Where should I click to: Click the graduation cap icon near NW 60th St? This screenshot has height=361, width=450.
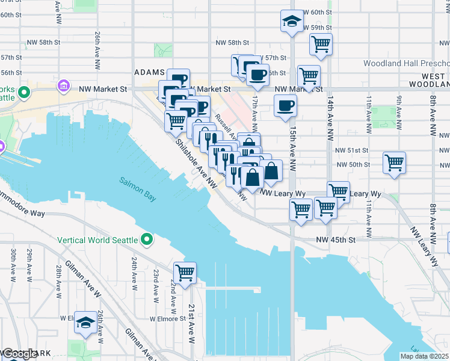292,21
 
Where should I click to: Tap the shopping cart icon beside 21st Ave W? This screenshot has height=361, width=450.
185,272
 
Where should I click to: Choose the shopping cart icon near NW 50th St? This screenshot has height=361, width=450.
394,161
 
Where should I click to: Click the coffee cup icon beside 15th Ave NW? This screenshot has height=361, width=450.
286,105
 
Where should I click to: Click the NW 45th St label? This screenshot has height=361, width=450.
336,239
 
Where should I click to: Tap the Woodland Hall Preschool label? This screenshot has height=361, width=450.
406,63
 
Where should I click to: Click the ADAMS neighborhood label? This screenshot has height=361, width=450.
150,72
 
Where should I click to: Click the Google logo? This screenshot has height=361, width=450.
20,354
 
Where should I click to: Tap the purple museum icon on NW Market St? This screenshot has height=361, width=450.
63,87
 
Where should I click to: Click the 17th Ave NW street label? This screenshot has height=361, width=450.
255,109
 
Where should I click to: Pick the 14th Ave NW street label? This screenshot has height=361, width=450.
330,126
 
